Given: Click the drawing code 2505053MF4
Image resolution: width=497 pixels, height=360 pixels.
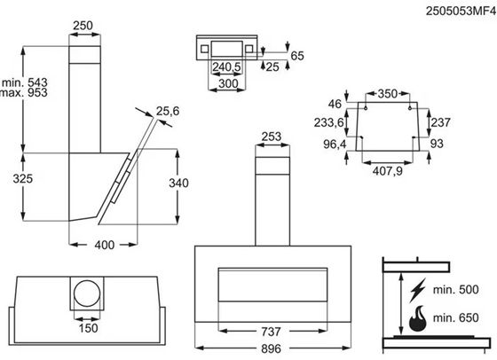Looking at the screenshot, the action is coord(461,11).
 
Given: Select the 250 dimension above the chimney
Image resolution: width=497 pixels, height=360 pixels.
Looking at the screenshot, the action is coord(83,26).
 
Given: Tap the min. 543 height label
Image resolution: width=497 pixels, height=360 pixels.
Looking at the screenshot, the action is coord(25,82).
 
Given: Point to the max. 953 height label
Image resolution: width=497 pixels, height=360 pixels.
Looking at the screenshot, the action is coord(24,93).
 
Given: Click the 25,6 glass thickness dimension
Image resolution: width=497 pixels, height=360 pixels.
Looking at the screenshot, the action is coord(168,111).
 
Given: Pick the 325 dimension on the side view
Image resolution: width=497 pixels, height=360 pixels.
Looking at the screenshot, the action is coord(23,178).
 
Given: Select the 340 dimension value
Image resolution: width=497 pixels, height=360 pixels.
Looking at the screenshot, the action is coord(178,183).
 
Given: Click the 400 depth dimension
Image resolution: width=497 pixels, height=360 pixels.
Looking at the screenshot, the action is coord(105,245).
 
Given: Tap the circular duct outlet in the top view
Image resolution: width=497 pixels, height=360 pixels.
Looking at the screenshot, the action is coord(87,293).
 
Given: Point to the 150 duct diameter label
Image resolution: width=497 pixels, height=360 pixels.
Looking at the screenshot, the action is coord(88,328).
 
